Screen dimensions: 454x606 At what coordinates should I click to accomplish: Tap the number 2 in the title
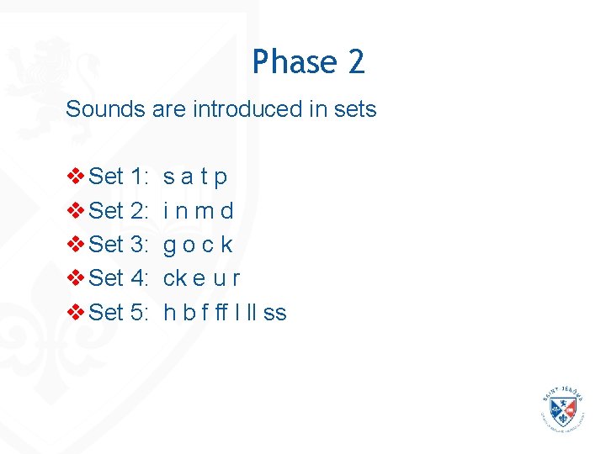tap(355, 62)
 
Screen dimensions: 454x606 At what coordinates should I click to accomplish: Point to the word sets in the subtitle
tap(356, 109)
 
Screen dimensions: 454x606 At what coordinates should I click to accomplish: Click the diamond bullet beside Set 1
tap(75, 177)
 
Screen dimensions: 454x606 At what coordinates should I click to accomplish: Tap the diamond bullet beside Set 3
tap(75, 245)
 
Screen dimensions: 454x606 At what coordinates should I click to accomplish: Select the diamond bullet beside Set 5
tap(75, 313)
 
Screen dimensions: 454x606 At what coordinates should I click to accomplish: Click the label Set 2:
tap(119, 211)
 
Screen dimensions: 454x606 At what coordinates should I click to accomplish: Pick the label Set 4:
tap(119, 278)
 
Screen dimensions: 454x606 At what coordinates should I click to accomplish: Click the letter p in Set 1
tap(221, 178)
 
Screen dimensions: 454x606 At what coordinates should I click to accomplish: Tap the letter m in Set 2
tap(204, 211)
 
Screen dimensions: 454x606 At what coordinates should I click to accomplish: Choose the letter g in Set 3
tap(169, 246)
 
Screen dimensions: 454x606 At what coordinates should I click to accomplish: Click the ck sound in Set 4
tap(175, 278)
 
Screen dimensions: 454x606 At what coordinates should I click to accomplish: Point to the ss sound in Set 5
tap(275, 314)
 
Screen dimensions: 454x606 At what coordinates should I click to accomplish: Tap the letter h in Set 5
tap(169, 313)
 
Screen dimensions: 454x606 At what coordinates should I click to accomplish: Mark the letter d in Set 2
tap(226, 211)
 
